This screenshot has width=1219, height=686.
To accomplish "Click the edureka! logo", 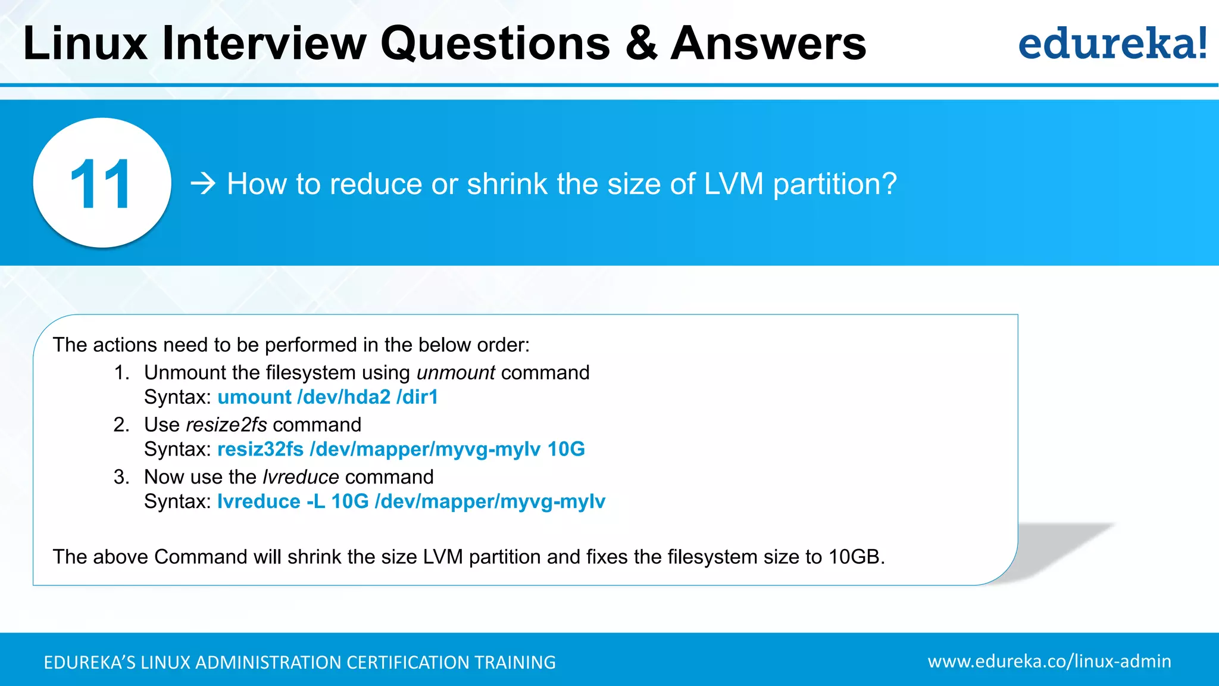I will coord(1112,43).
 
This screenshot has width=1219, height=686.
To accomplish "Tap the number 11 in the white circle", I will coord(101,184).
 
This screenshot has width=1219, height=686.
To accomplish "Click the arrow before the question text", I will coord(203,184).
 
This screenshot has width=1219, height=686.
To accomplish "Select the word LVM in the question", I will coord(733,184).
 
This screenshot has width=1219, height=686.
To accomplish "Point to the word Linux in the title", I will coord(85,43).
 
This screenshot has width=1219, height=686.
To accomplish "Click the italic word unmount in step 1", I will coord(455,373).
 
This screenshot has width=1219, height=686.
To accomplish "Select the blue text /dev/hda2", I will coord(344,397).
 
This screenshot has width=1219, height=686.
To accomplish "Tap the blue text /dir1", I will coord(417,397).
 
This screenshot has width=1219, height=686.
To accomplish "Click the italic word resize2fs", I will coord(226,425).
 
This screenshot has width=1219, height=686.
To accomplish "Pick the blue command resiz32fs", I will coord(260,449).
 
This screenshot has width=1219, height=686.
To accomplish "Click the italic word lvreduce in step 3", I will coord(301,477).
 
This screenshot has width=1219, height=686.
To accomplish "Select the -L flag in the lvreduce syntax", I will coord(315,501).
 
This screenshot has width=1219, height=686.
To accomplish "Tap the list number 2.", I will coord(121,425).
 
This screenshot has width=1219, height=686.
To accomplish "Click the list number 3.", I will coord(121,477).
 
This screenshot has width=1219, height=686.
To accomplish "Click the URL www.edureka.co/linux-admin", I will coord(1049,662).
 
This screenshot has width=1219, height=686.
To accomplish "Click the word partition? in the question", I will coord(834,184).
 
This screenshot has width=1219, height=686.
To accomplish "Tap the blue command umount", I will coord(254,397).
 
